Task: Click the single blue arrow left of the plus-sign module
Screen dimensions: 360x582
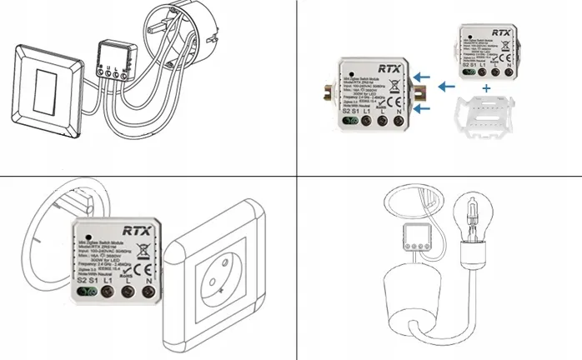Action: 448,84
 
